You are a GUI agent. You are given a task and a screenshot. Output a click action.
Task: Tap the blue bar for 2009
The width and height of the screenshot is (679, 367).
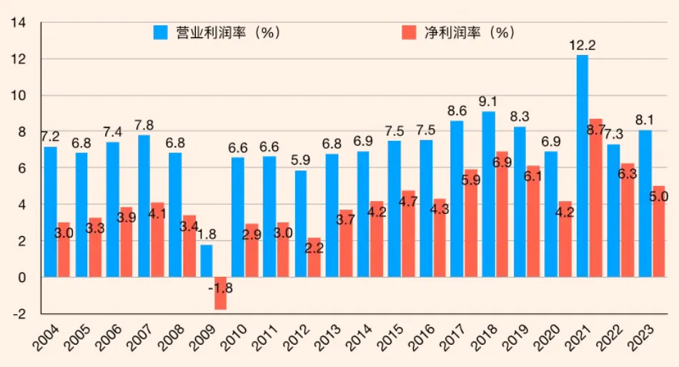[207, 261]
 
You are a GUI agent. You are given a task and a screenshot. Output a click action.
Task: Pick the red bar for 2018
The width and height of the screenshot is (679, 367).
[502, 215]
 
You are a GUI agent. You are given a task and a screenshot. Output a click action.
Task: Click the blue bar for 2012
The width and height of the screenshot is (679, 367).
[301, 224]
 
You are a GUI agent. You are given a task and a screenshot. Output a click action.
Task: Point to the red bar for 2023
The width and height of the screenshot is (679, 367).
[658, 232]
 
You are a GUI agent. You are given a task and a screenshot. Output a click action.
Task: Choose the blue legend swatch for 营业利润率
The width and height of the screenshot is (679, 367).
[161, 33]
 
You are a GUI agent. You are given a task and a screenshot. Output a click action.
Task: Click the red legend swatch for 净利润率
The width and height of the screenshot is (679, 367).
[409, 33]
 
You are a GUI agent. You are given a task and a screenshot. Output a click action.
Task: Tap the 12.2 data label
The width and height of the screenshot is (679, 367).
[583, 46]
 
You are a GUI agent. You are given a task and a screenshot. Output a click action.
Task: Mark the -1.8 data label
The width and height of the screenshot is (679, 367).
[220, 288]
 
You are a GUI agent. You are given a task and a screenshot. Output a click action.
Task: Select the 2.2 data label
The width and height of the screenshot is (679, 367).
[314, 248]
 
